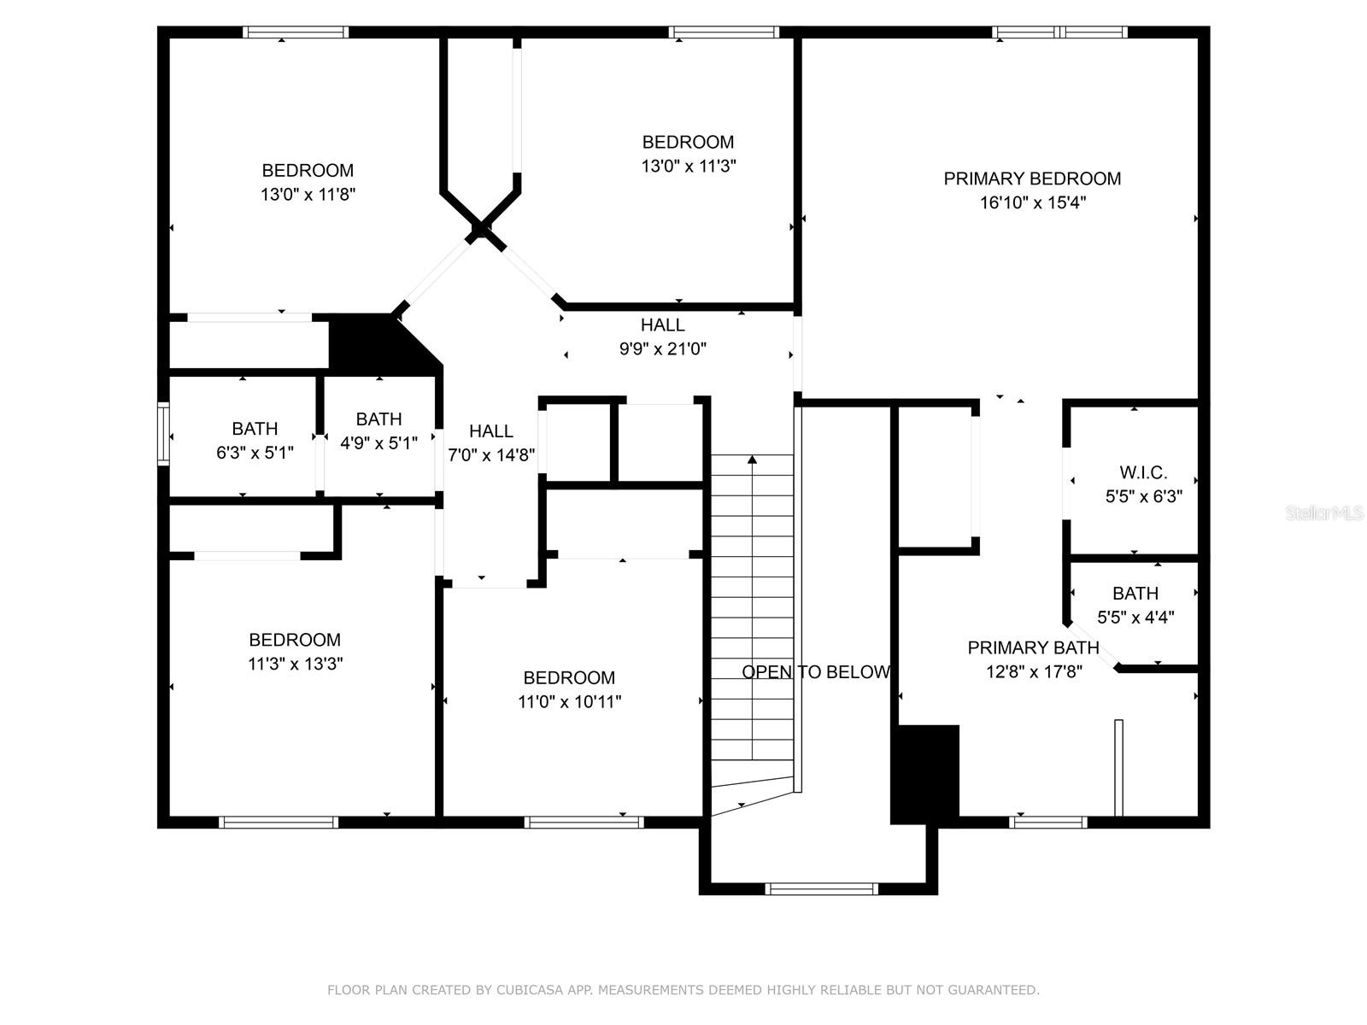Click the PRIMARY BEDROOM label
[x=1032, y=179]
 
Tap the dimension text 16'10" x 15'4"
[x=1032, y=203]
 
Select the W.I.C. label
[x=1143, y=472]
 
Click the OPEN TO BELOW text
[x=816, y=672]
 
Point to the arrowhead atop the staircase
[x=752, y=460]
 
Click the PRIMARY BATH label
[x=1033, y=647]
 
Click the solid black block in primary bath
[x=924, y=774]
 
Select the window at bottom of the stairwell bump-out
[x=821, y=889]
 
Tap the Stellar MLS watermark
[x=1323, y=513]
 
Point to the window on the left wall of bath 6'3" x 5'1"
[x=162, y=435]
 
